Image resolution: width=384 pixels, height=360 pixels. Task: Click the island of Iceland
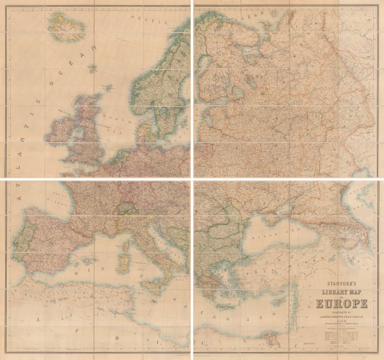(x=64, y=27)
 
